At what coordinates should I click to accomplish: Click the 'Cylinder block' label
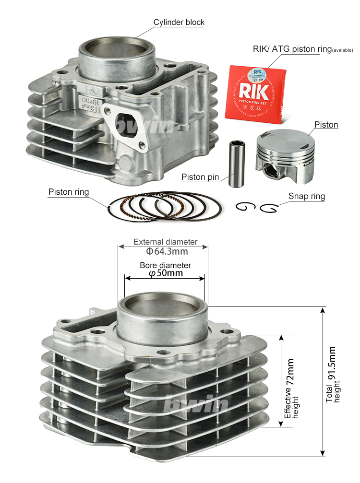(179, 22)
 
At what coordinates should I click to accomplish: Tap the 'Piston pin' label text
(200, 177)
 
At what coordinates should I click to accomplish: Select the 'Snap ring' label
(306, 196)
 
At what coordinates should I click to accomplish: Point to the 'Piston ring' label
(69, 192)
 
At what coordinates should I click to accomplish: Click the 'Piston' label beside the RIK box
(326, 125)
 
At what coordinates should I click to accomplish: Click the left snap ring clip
(245, 207)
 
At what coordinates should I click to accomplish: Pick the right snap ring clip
(269, 208)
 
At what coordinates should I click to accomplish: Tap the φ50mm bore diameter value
(166, 273)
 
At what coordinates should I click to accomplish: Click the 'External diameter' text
(165, 242)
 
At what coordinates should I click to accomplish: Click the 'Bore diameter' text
(165, 265)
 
